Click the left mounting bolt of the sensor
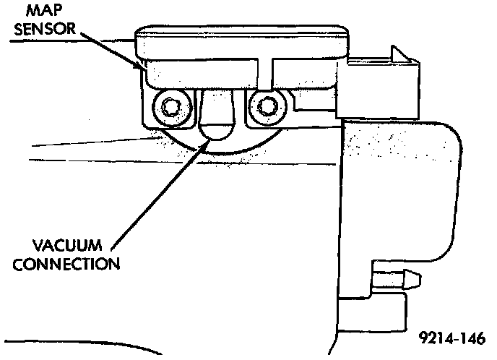click(169, 108)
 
